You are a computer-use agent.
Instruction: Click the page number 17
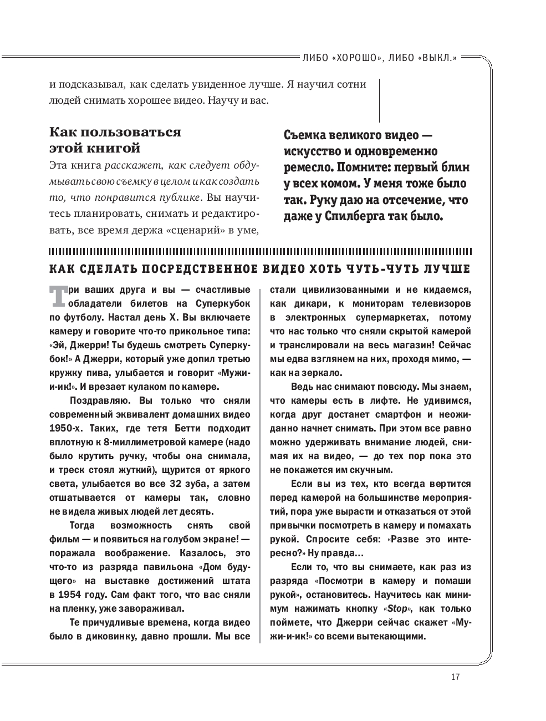point(456,677)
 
